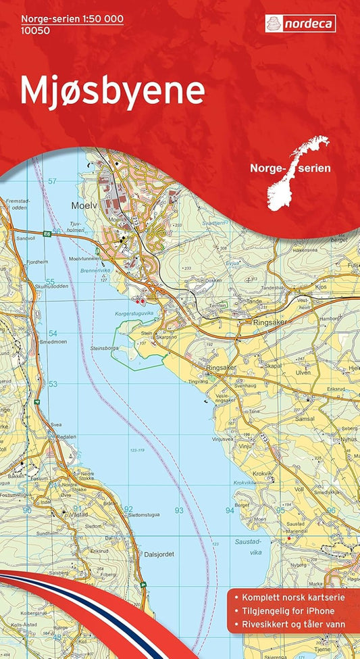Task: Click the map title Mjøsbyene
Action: pyautogui.click(x=112, y=91)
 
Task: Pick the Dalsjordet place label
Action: pyautogui.click(x=159, y=554)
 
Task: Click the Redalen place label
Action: pyautogui.click(x=67, y=437)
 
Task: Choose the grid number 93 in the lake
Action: pyautogui.click(x=179, y=510)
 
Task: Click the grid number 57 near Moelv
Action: pyautogui.click(x=52, y=181)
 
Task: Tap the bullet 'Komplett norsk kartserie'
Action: pyautogui.click(x=290, y=598)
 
